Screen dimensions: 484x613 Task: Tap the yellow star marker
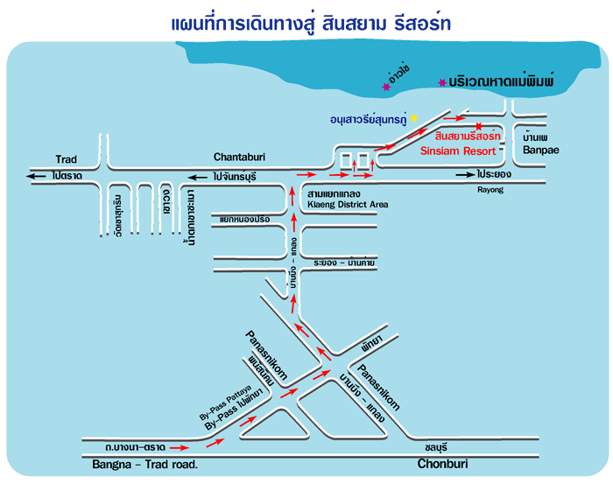(415, 118)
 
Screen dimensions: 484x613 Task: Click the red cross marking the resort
(478, 126)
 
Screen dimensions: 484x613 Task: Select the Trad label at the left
(67, 159)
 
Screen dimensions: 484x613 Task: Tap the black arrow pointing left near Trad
(36, 176)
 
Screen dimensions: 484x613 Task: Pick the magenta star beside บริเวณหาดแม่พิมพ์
(441, 82)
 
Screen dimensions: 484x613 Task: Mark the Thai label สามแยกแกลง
(330, 192)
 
